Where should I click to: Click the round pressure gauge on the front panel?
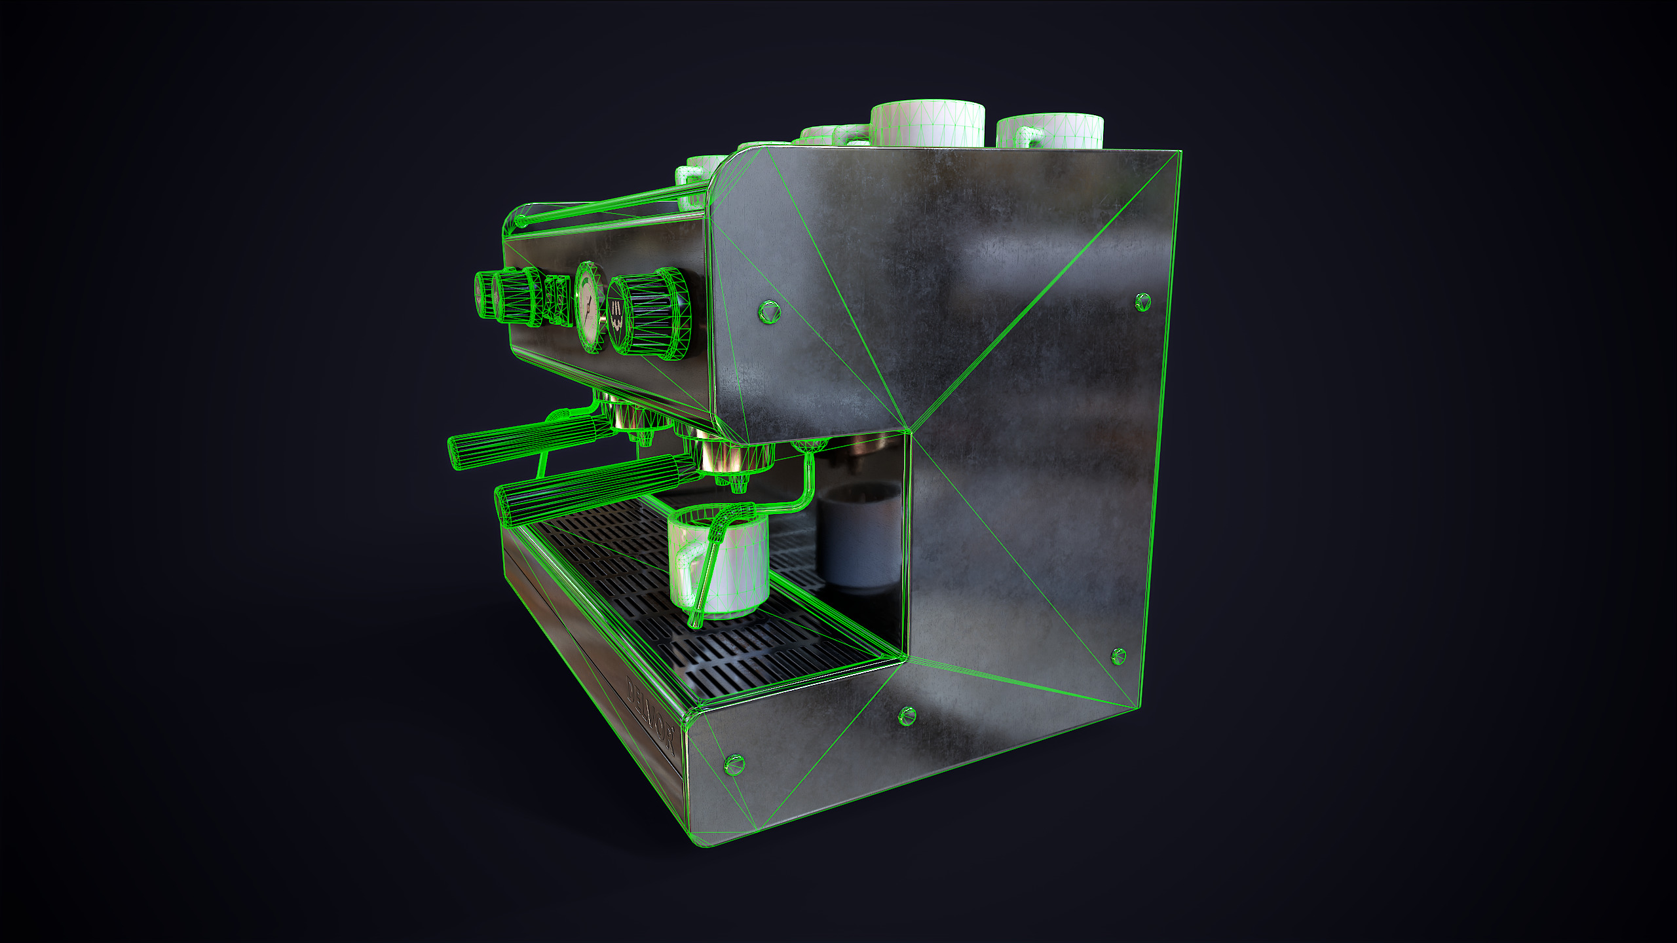point(589,306)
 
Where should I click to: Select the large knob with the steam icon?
point(645,314)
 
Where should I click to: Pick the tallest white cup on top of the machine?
point(927,124)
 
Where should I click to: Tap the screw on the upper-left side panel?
point(769,310)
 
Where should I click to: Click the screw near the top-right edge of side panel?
point(1142,302)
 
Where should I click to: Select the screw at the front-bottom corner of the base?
point(734,764)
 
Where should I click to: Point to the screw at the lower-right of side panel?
point(1118,656)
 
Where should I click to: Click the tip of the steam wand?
point(694,622)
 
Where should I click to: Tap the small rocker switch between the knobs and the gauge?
point(556,300)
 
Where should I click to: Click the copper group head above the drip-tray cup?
point(721,455)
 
